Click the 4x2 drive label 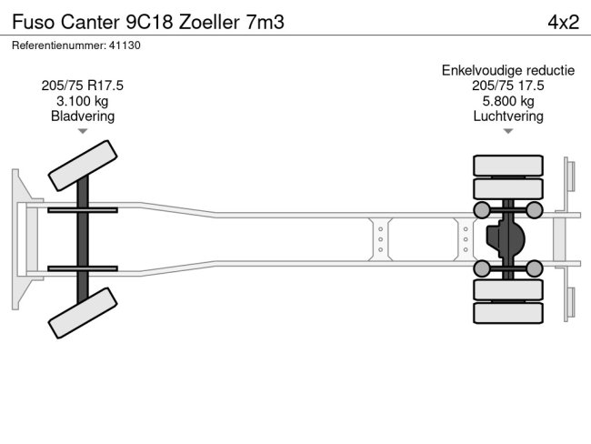[x=563, y=22]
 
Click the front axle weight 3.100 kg [x=83, y=101]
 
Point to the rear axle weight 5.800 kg [x=508, y=101]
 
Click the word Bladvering [x=83, y=116]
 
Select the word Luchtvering [x=508, y=116]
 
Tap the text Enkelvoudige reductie [x=508, y=70]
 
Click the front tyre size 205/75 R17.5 [x=83, y=86]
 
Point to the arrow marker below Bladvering [x=83, y=132]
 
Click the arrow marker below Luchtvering [x=508, y=132]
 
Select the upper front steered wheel [x=83, y=166]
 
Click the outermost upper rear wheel [x=507, y=166]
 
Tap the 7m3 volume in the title [x=265, y=22]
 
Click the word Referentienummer [x=55, y=45]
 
